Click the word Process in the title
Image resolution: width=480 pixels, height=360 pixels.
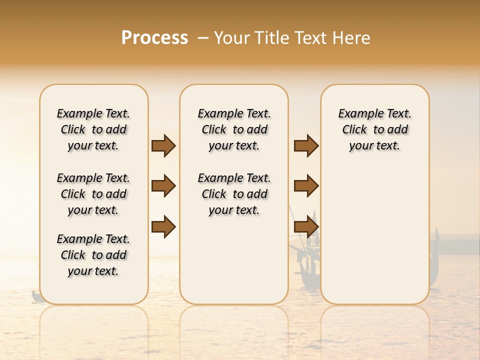154,38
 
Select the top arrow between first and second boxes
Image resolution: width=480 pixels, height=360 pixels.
163,145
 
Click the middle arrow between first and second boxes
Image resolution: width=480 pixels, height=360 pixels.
163,186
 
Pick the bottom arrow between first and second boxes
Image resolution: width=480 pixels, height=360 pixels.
163,226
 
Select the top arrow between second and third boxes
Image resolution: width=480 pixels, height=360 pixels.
306,145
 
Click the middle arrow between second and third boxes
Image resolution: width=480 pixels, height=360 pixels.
306,186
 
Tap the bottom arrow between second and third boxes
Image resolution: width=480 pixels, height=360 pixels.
306,226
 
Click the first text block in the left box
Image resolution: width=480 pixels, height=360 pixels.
93,129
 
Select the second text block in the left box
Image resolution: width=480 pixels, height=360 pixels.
93,194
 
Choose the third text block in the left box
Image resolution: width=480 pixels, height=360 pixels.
93,255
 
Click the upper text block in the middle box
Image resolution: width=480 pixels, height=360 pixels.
234,129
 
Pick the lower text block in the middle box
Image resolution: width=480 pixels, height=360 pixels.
234,194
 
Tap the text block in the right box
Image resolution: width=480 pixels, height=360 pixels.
374,129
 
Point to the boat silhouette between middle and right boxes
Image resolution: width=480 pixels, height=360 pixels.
305,260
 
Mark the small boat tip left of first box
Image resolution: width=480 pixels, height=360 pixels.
35,297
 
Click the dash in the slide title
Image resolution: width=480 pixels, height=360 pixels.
203,38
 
